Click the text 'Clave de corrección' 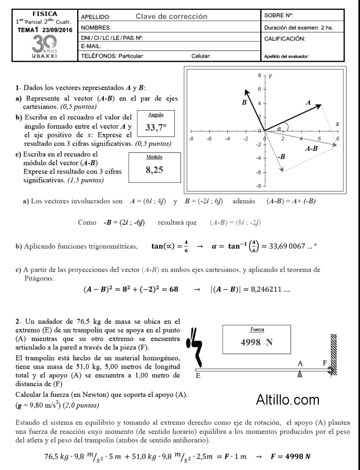click(x=171, y=16)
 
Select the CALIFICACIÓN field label click(x=284, y=39)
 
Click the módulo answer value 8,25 click(x=154, y=170)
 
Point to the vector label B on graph click(x=244, y=103)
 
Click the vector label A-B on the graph click(x=311, y=149)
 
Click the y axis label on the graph click(x=271, y=75)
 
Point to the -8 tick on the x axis click(x=191, y=139)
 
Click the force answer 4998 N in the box click(x=256, y=341)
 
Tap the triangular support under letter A click(x=300, y=374)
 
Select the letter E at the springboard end click(x=198, y=376)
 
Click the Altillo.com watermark click(x=287, y=399)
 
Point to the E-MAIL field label click(x=91, y=46)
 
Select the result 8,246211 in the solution click(x=270, y=289)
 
